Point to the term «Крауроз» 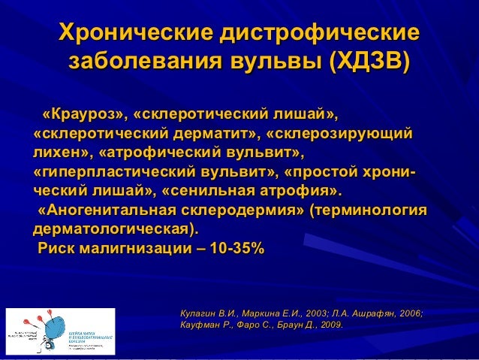(x=82, y=116)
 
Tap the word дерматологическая (x=116, y=228)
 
